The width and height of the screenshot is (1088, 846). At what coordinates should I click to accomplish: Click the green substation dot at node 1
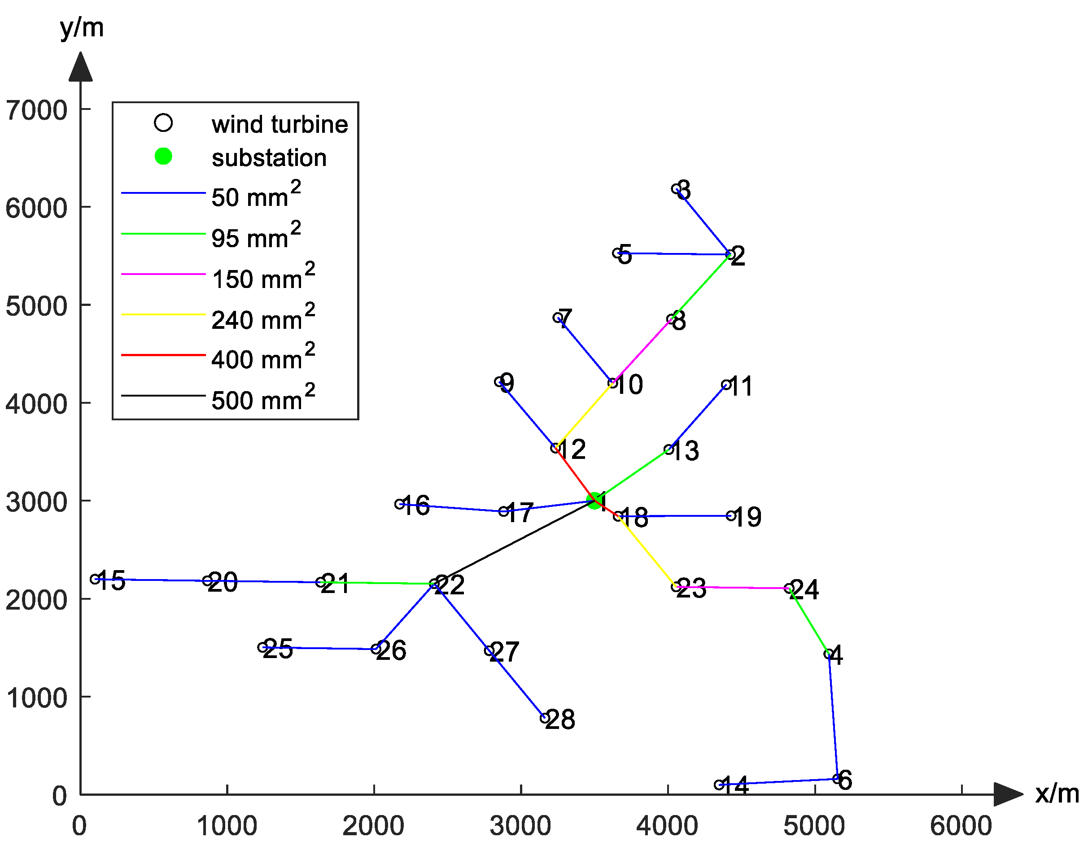(x=594, y=500)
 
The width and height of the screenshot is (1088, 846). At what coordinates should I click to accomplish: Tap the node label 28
(x=560, y=720)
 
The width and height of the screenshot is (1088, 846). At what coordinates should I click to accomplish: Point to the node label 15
(x=110, y=580)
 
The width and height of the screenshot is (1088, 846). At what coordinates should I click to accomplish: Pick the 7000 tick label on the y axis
(x=36, y=110)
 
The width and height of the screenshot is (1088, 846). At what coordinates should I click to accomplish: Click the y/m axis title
(x=82, y=28)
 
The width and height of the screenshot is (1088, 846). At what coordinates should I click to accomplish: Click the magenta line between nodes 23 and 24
(x=732, y=588)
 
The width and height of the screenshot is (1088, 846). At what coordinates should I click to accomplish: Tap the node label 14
(x=735, y=786)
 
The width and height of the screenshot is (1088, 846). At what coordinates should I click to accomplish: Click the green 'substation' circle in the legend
(x=163, y=157)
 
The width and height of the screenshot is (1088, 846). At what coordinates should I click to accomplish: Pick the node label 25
(x=278, y=648)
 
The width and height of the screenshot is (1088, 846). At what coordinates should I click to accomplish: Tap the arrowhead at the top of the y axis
(x=81, y=67)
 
